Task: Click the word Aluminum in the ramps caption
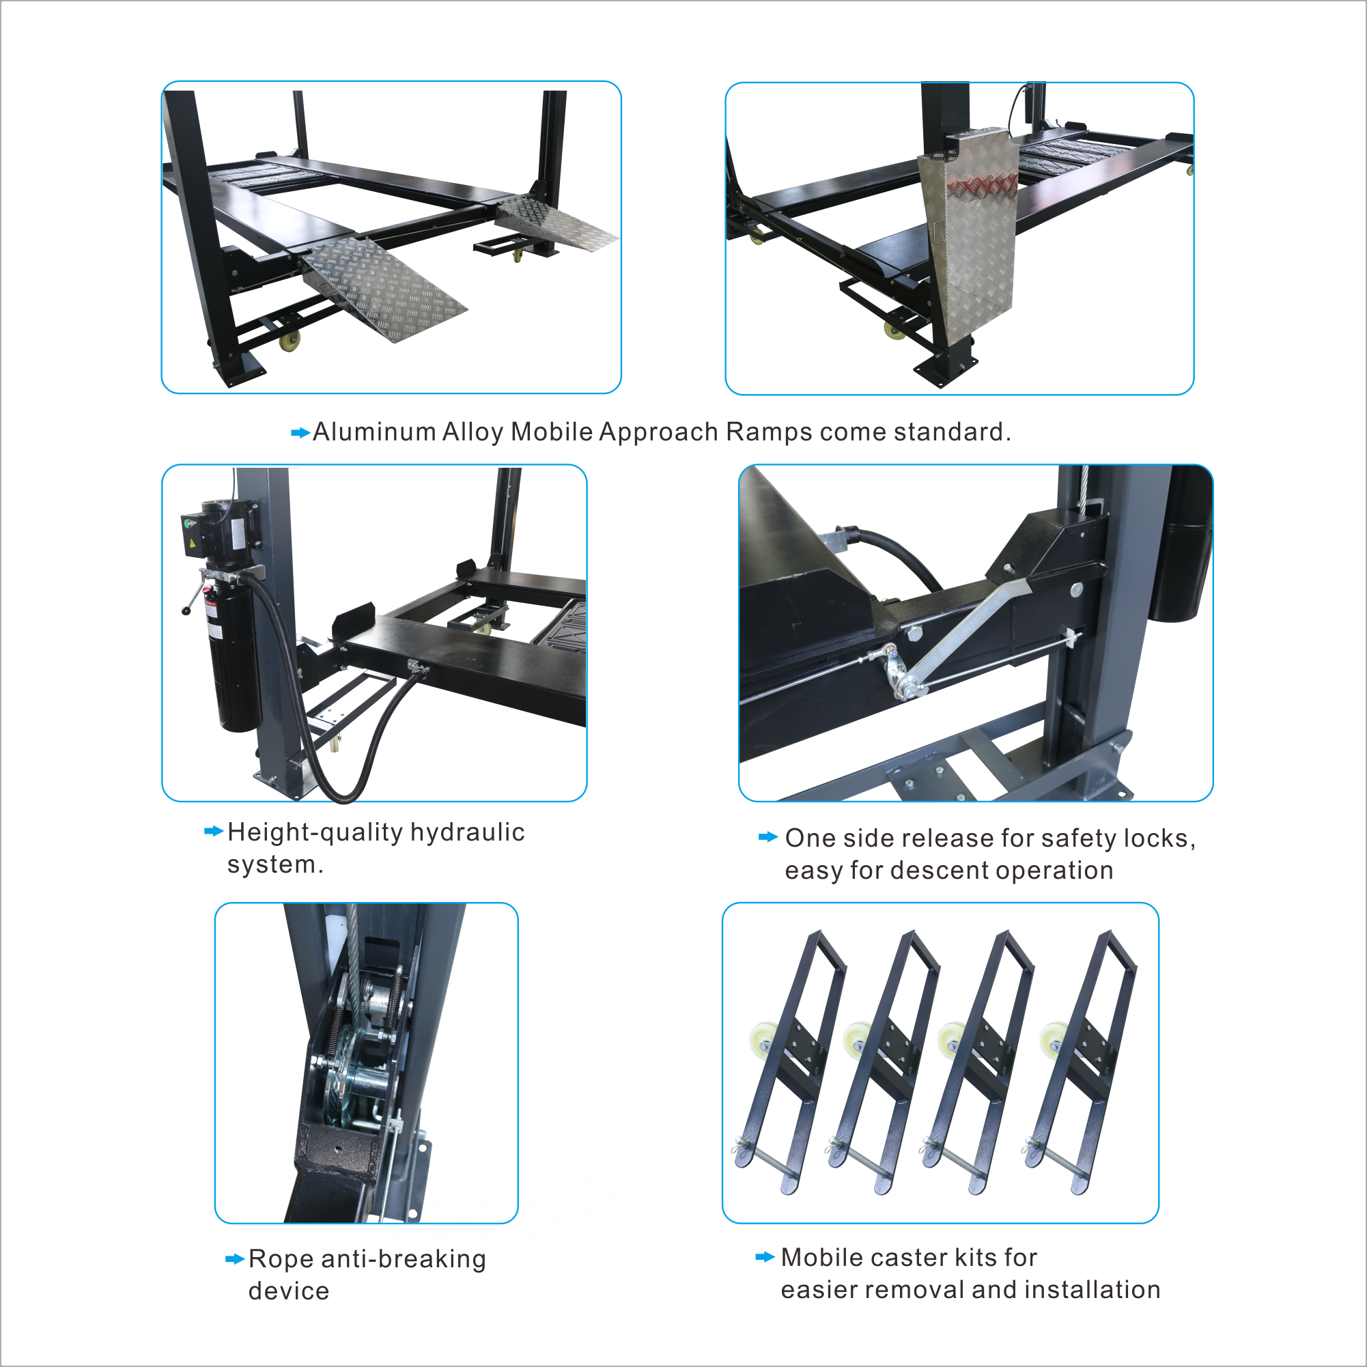[374, 432]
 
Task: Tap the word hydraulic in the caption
[467, 832]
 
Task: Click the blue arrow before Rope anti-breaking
[234, 1258]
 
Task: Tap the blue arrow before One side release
[767, 837]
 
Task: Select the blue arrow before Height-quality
[214, 831]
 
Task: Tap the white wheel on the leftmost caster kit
[761, 1041]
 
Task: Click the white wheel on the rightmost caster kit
[1054, 1041]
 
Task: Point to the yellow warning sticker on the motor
[192, 544]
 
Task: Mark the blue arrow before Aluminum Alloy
[300, 432]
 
